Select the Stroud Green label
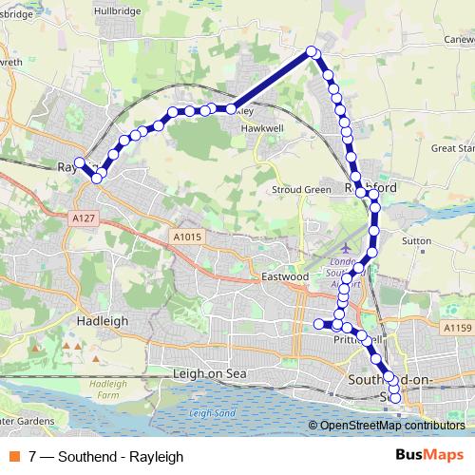(301, 189)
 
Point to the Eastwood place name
(285, 276)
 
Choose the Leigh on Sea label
(210, 373)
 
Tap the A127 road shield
(85, 218)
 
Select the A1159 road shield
(456, 328)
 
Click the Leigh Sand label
(211, 412)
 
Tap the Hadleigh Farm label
(108, 388)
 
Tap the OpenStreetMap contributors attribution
(391, 426)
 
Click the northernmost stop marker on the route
(312, 52)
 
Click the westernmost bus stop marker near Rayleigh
(80, 162)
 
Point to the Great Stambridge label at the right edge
(452, 148)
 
